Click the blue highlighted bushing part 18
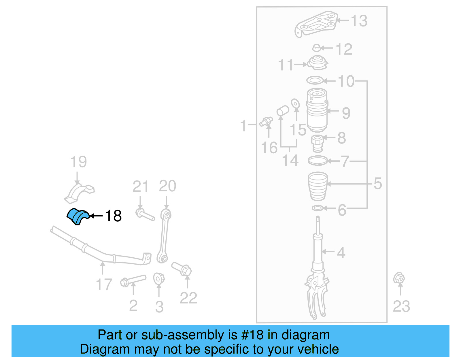pos(78,216)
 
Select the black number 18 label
pos(113,216)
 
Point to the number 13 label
pos(359,21)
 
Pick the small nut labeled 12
pos(317,48)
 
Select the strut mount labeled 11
pos(318,63)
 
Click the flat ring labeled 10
pos(315,80)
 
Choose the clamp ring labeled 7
pos(318,161)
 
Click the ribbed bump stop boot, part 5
pos(318,186)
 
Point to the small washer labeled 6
pos(318,208)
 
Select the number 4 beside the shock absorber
pos(341,253)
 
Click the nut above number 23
pos(399,278)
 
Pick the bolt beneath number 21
pos(145,215)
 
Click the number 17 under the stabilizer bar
pos(104,284)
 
